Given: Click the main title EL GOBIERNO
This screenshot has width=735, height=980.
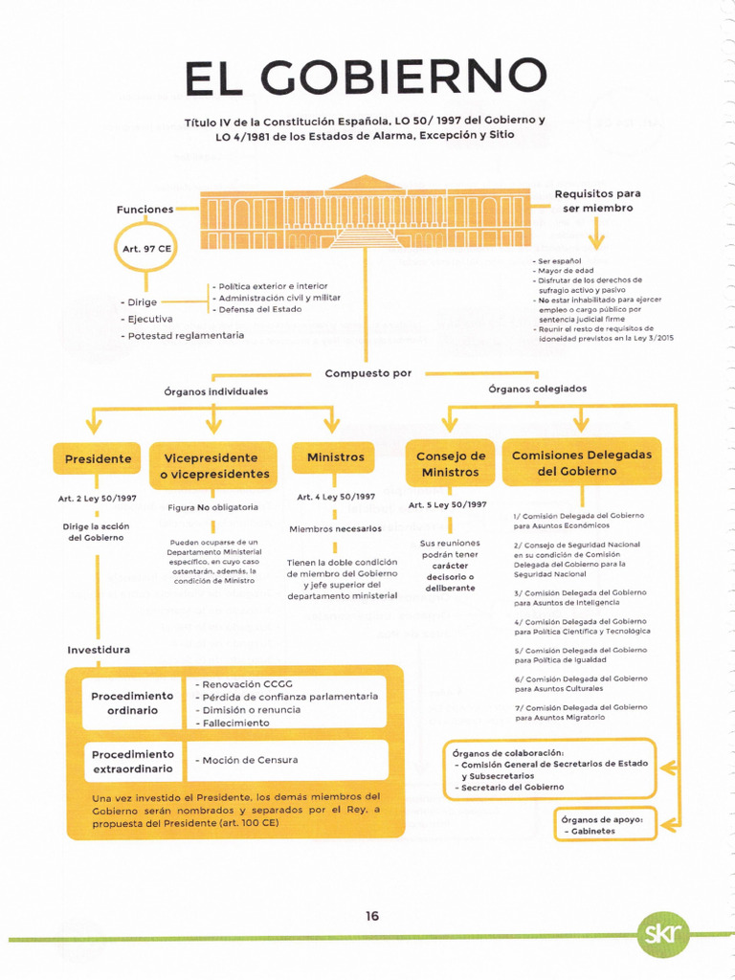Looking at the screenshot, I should click(x=367, y=78).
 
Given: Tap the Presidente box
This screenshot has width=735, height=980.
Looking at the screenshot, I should click(x=98, y=459).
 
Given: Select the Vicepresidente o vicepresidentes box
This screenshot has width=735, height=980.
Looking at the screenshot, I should click(x=214, y=466).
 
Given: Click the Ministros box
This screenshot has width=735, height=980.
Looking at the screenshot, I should click(x=335, y=458).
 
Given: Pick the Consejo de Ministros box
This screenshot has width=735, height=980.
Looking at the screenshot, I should click(x=450, y=464).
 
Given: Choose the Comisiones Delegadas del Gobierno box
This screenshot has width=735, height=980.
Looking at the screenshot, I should click(x=581, y=463).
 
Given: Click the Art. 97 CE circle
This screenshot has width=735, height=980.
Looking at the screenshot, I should click(x=146, y=249).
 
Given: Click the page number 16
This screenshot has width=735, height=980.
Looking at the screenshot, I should click(x=372, y=916).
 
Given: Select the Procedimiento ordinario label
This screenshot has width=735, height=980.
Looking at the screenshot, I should click(x=132, y=703).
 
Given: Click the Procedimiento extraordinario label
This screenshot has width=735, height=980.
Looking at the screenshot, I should click(x=132, y=762).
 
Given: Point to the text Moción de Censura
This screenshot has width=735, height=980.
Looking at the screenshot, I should click(x=250, y=760).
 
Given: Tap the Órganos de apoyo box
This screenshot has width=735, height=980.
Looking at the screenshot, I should click(x=607, y=825).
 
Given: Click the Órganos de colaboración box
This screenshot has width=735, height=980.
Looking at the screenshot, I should click(x=550, y=769).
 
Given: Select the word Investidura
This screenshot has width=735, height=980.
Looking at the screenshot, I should click(x=99, y=650).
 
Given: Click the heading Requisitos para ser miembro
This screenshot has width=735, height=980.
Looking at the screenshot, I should click(x=597, y=201).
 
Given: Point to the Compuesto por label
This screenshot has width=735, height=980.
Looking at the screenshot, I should click(x=368, y=373).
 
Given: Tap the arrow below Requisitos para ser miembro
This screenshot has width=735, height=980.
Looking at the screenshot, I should click(x=597, y=233).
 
